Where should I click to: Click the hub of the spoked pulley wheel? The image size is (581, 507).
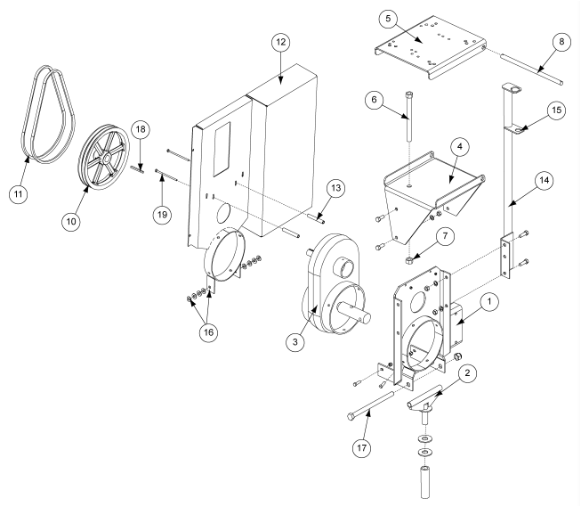click(x=105, y=159)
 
